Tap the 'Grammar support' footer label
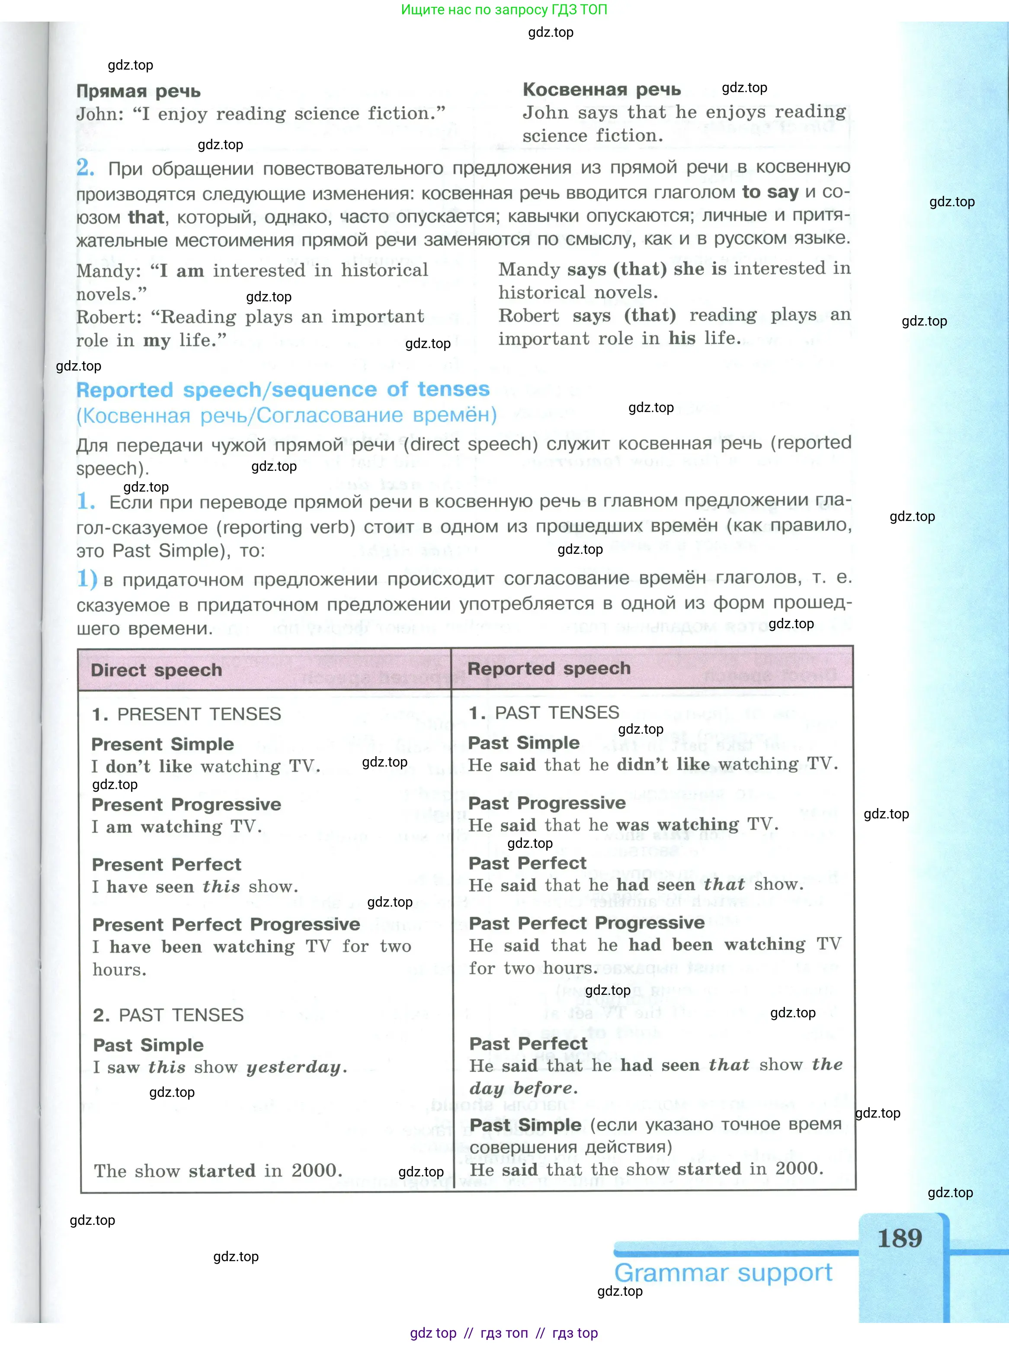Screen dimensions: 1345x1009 point(723,1273)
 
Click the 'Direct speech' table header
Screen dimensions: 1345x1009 point(156,670)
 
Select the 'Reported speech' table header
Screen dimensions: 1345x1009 point(548,668)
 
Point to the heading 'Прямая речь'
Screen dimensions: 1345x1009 point(138,91)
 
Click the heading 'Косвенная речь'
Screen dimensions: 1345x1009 point(602,89)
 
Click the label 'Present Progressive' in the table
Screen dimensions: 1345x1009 point(186,805)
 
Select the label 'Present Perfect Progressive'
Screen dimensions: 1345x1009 point(226,924)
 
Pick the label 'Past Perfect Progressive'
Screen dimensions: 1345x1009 point(586,923)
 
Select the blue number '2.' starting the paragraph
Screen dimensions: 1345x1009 point(85,168)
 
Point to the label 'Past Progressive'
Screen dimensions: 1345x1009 point(547,803)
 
